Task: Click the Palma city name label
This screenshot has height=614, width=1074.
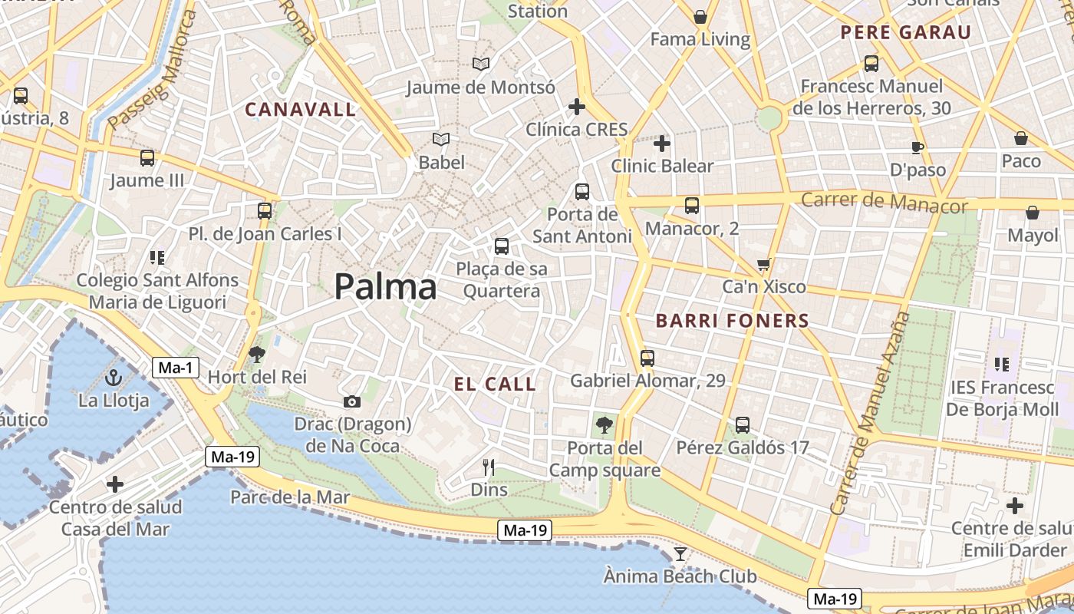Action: [385, 287]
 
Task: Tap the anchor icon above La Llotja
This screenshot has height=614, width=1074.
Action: [114, 377]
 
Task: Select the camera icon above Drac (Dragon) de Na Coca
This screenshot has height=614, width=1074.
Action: [352, 401]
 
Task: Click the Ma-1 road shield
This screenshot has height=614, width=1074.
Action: [176, 368]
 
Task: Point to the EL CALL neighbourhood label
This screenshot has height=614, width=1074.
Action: [495, 385]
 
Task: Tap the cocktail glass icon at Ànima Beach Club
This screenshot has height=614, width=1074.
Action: [680, 553]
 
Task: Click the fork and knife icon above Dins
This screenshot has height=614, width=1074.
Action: [489, 467]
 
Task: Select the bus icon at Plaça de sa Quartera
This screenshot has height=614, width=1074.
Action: [502, 246]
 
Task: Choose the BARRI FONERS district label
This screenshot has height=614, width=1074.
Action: [733, 321]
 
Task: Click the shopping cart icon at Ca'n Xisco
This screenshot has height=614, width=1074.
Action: [763, 265]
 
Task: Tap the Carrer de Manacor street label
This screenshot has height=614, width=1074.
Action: [884, 203]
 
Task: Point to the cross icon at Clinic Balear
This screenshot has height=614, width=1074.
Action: [662, 143]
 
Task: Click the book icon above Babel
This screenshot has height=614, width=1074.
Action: [441, 139]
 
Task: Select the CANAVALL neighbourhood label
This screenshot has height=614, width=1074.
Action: [301, 110]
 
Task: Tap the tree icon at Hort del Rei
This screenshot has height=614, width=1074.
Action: [257, 354]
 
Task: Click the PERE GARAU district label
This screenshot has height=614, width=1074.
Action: [905, 32]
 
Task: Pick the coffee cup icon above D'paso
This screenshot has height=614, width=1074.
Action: [918, 147]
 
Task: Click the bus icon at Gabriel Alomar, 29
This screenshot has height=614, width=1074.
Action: [647, 358]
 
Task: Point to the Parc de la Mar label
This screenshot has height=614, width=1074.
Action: [290, 497]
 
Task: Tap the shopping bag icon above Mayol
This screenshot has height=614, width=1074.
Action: [1033, 213]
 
